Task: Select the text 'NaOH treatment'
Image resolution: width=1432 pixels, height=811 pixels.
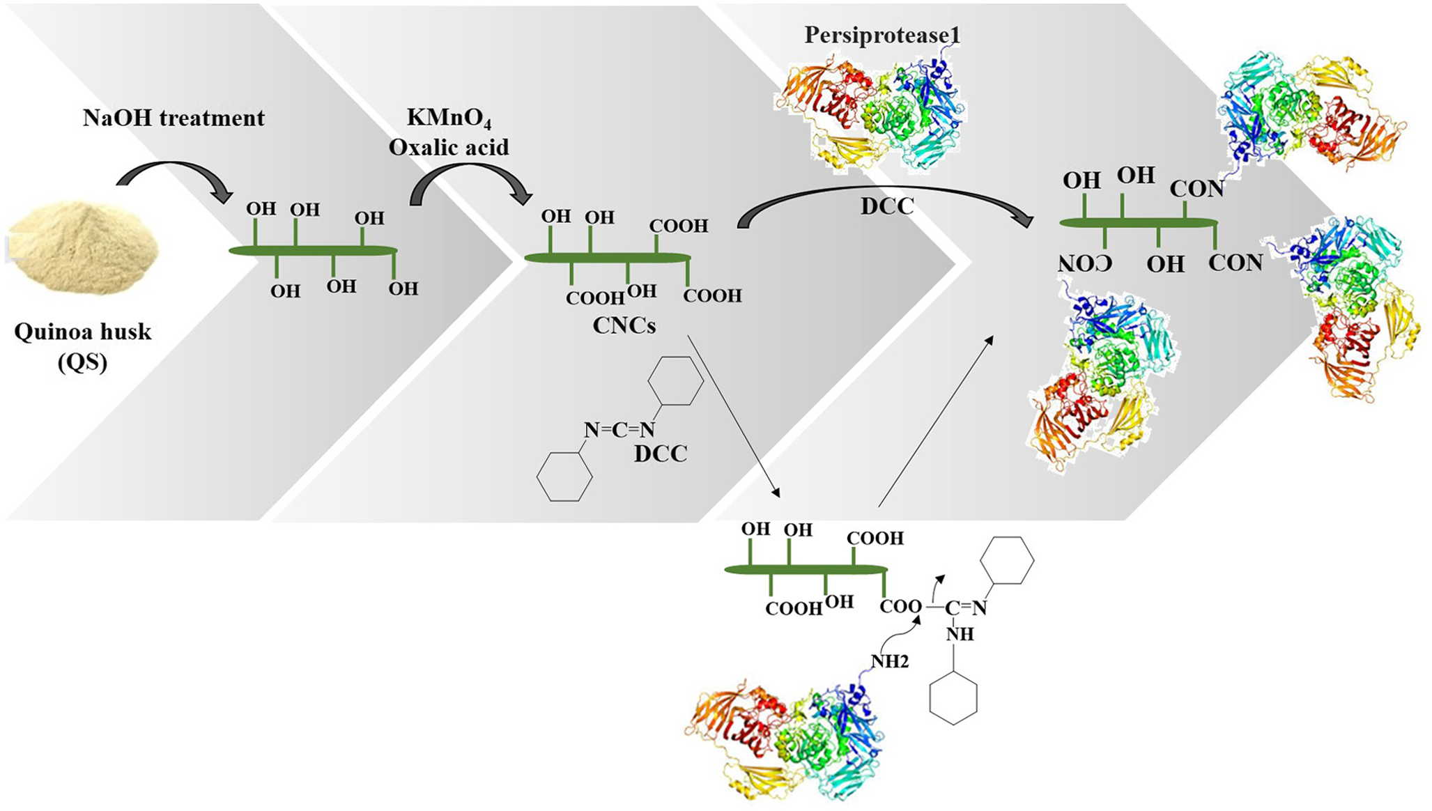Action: tap(174, 118)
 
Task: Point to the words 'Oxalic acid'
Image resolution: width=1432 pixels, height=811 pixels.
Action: tap(449, 147)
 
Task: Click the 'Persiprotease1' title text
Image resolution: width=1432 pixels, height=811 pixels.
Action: tap(882, 35)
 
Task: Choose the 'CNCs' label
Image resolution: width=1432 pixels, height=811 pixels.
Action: tap(624, 325)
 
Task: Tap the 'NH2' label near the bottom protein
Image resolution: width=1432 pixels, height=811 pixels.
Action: tap(890, 661)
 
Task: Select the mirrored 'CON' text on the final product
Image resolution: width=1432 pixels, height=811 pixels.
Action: tap(1084, 263)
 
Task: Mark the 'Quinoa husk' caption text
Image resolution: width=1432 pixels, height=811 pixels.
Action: tap(83, 332)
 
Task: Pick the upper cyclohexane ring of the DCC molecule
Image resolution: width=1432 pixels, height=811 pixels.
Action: tap(675, 380)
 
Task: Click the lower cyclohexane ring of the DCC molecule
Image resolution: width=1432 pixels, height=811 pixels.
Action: tap(564, 477)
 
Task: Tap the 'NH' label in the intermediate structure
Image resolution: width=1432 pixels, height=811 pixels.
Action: tap(960, 634)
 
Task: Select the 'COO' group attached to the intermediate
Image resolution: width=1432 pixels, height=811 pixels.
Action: tap(900, 607)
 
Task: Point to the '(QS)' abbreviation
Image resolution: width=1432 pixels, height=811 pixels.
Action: tap(82, 362)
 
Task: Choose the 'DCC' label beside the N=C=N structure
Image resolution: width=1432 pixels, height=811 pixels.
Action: tap(660, 454)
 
